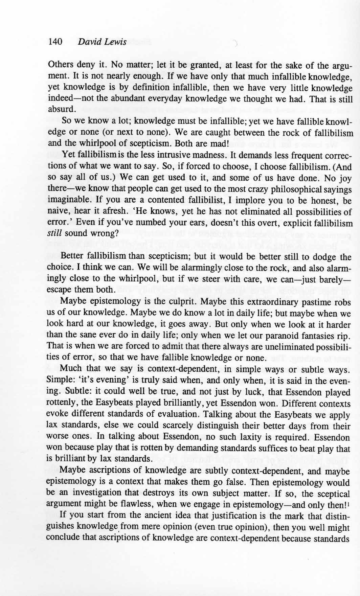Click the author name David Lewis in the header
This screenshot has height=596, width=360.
coord(102,42)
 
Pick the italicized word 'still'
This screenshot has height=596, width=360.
coord(54,233)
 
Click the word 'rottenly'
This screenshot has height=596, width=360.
coord(60,404)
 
